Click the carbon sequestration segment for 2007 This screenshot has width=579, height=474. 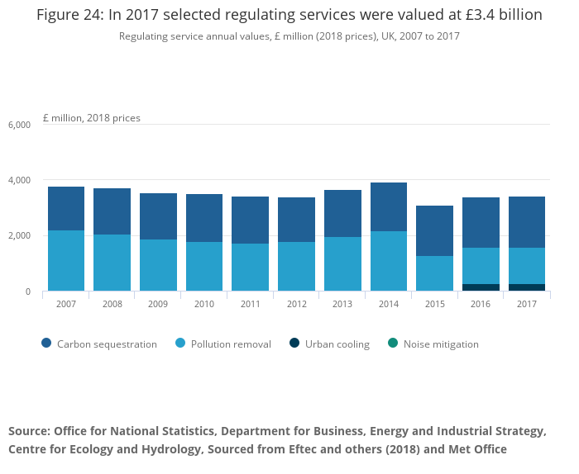click(66, 208)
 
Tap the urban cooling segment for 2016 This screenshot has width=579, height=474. click(481, 287)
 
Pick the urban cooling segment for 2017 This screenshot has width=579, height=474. click(527, 287)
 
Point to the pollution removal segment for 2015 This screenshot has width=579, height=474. click(435, 273)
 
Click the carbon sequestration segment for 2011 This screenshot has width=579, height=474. click(250, 220)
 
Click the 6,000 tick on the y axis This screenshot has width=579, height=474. click(19, 125)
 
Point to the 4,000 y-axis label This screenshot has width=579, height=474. click(19, 180)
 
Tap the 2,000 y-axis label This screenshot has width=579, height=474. click(19, 236)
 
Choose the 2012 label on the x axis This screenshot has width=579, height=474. click(296, 305)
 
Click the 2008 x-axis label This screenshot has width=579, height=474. click(112, 305)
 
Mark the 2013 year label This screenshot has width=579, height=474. click(342, 305)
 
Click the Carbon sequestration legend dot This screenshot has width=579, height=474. click(45, 344)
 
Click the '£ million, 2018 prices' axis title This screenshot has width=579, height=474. click(91, 118)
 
